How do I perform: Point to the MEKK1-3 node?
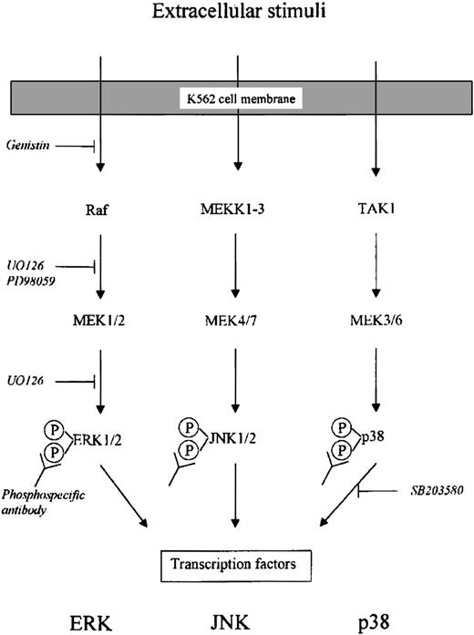coord(238,209)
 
